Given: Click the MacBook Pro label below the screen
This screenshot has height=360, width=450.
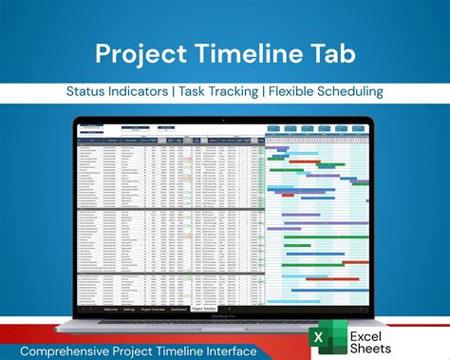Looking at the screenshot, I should pos(225,316).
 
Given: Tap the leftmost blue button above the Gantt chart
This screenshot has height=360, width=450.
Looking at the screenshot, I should pos(274,127).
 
